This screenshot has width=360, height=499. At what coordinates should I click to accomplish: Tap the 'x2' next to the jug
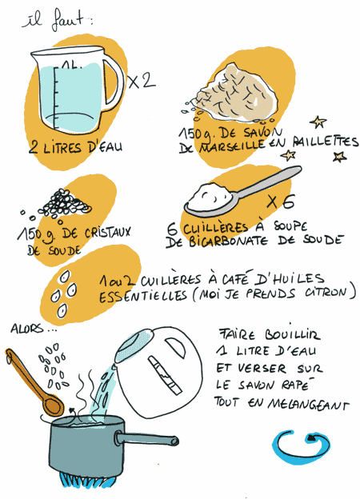pyautogui.click(x=142, y=81)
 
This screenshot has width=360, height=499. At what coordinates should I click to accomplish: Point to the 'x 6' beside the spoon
pyautogui.click(x=281, y=202)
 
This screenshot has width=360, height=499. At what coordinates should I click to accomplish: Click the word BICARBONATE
pyautogui.click(x=228, y=242)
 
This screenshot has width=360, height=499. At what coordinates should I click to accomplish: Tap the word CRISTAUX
pyautogui.click(x=107, y=232)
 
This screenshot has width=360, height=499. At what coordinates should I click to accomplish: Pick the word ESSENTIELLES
pyautogui.click(x=143, y=296)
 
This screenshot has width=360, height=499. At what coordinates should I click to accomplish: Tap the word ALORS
pyautogui.click(x=26, y=329)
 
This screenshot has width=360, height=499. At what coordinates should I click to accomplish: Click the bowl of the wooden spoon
pyautogui.click(x=53, y=406)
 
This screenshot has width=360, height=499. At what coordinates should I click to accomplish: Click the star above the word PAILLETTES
pyautogui.click(x=318, y=122)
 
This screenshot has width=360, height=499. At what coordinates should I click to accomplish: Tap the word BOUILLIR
pyautogui.click(x=292, y=335)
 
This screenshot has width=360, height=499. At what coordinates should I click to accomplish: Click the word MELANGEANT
pyautogui.click(x=308, y=404)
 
